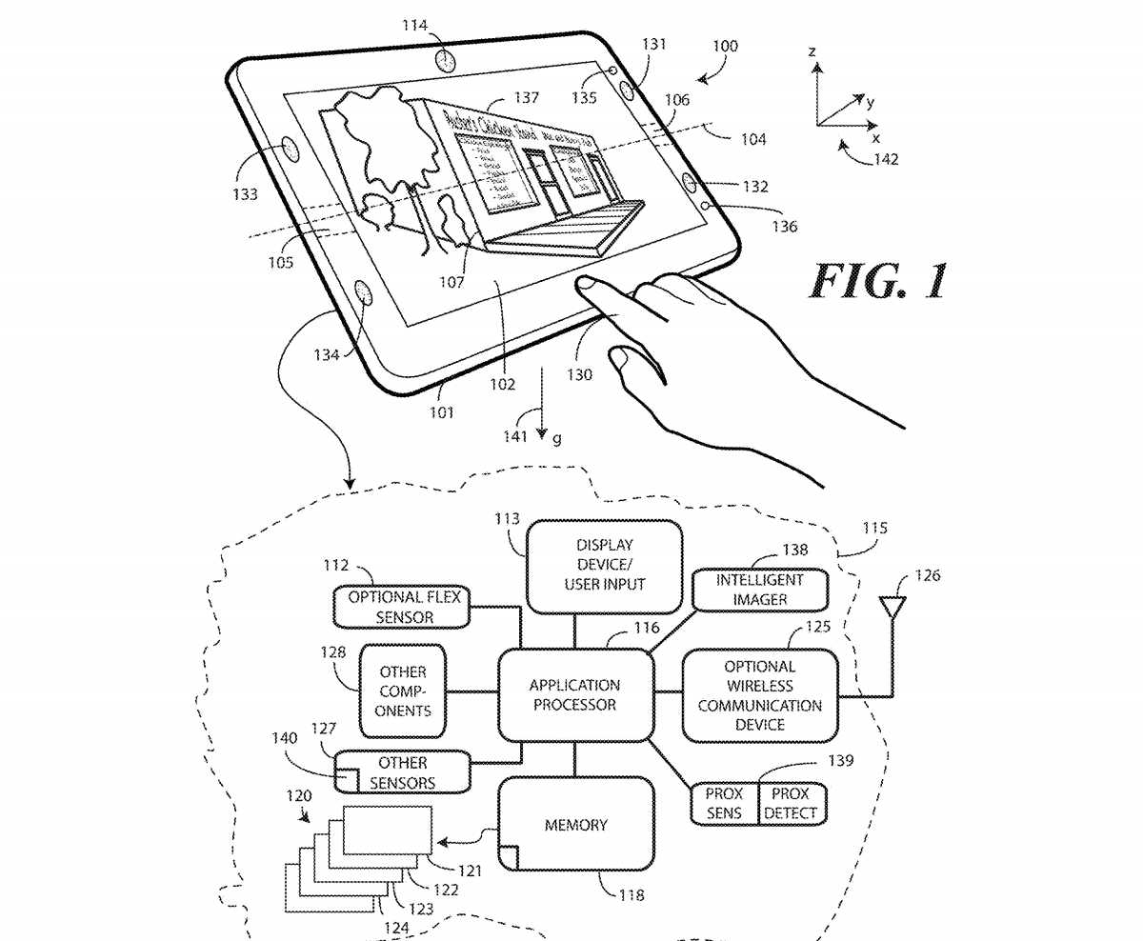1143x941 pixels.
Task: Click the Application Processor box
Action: [574, 694]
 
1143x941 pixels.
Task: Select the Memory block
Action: [575, 824]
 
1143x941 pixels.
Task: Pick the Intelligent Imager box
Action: [746, 589]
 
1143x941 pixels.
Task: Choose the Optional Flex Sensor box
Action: [403, 607]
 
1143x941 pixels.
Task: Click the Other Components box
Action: [403, 691]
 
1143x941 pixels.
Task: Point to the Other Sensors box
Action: [403, 772]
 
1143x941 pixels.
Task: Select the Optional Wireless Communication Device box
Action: [759, 695]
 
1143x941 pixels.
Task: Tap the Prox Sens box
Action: [724, 803]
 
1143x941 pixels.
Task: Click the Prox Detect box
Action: [791, 803]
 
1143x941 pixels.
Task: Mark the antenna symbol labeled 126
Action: [892, 607]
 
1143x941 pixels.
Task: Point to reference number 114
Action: [414, 27]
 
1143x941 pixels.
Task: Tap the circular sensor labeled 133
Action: [286, 152]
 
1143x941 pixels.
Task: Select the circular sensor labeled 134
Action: [365, 292]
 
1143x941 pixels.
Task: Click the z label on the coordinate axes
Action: [812, 52]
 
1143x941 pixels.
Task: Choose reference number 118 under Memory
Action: [631, 895]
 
